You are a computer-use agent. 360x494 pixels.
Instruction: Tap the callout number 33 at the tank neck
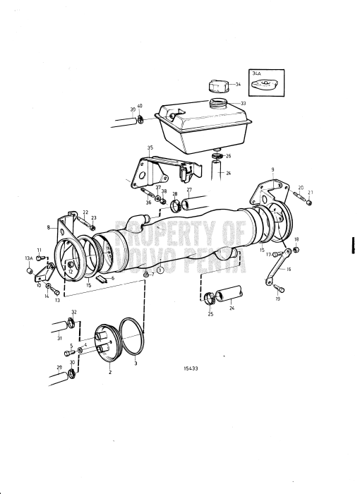[244, 103]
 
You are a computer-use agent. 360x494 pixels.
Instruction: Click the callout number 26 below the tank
[228, 156]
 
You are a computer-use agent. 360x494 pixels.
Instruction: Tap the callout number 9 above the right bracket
[271, 169]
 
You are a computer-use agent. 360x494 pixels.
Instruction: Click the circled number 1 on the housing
[160, 269]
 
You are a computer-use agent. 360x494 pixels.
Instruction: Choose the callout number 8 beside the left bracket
[49, 228]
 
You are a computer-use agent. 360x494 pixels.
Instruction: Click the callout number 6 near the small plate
[112, 279]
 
